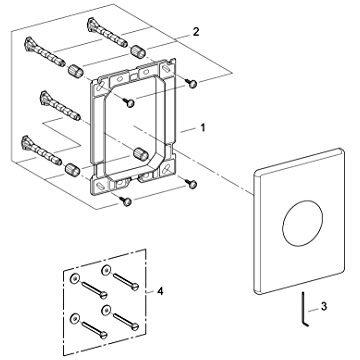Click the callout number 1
pos(203,128)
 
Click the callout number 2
pos(196,32)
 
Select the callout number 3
pos(324,306)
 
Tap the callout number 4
pos(160,291)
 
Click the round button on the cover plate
pos(303,223)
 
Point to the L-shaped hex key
pos(305,309)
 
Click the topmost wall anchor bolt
pos(107,32)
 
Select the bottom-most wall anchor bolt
pos(41,150)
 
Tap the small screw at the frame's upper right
pos(192,84)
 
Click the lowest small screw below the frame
pos(126,201)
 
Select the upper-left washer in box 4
pos(74,279)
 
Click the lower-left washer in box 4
pos(74,318)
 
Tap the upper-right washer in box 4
pos(106,269)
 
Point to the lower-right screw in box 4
pos(126,320)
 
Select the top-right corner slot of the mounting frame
pos(166,70)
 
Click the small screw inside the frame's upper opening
pos(130,103)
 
